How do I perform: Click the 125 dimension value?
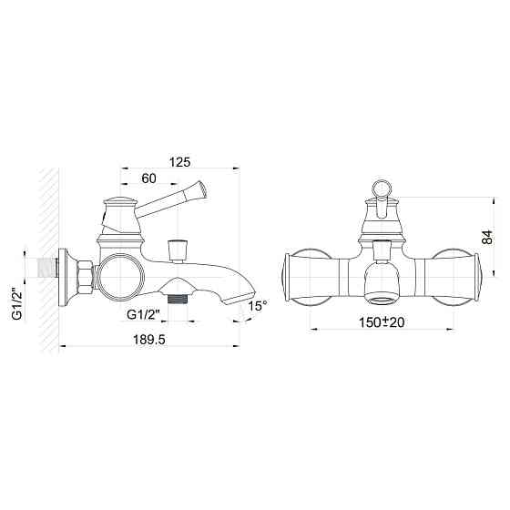179,162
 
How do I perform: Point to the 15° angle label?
259,307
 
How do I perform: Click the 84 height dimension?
488,239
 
